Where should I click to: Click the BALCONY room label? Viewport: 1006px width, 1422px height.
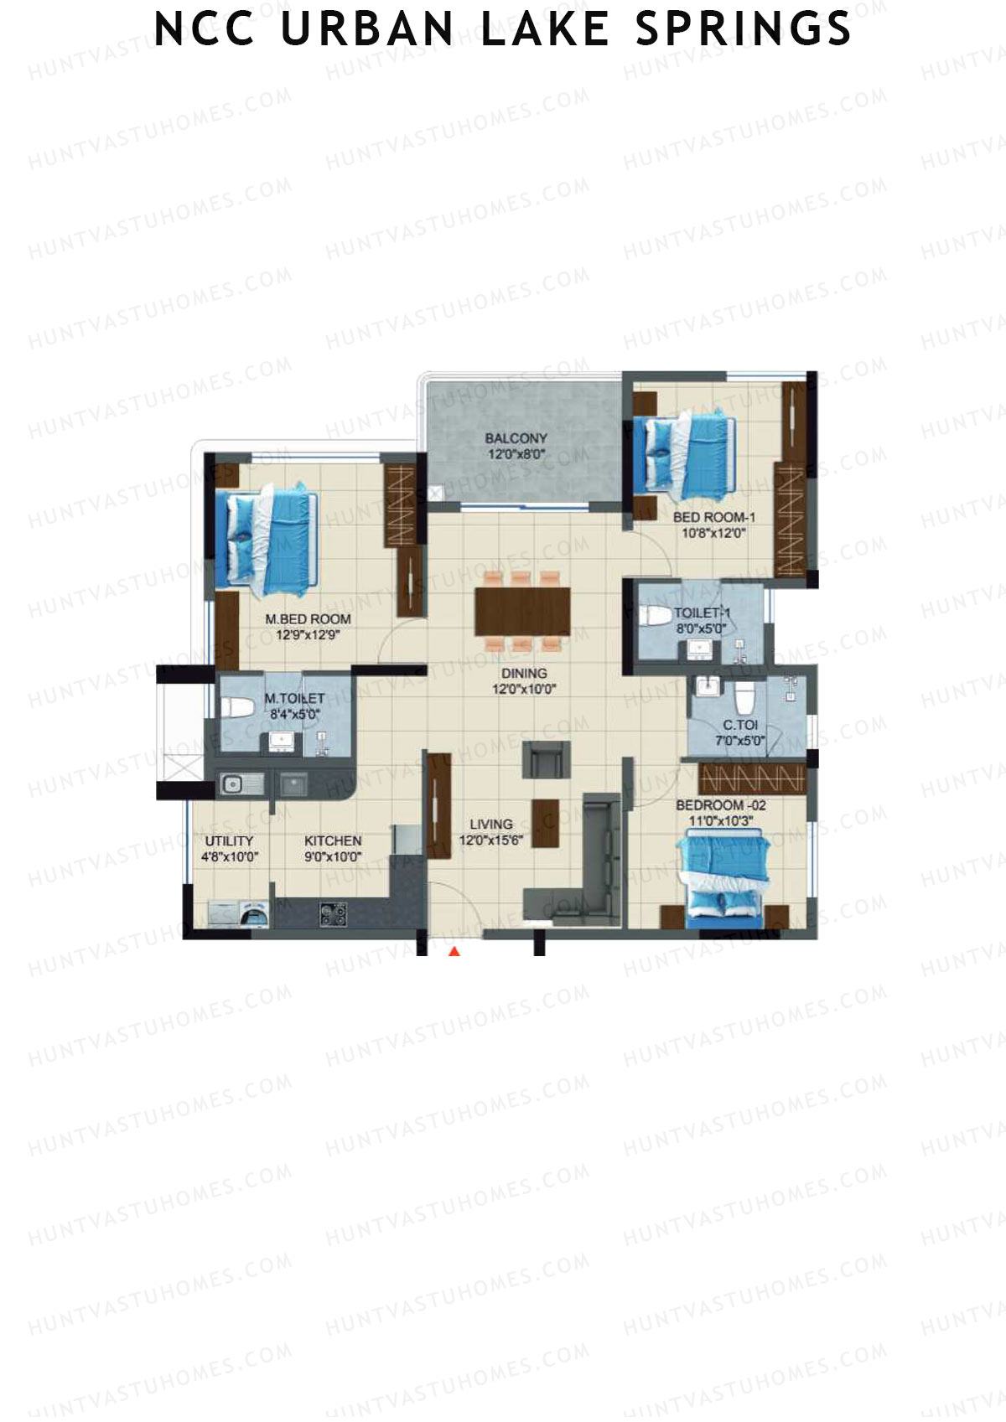[x=516, y=438]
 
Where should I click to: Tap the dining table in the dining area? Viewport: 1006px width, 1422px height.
[x=522, y=612]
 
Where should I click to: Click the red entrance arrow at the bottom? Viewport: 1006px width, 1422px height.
[x=454, y=951]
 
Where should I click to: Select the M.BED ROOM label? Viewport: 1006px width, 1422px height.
[x=308, y=619]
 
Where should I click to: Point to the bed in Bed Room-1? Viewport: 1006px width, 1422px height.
[x=684, y=456]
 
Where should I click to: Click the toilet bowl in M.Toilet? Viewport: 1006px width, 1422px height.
[x=237, y=706]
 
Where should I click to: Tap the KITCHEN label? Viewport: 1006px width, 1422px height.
[x=333, y=840]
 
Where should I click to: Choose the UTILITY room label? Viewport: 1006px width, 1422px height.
[x=229, y=840]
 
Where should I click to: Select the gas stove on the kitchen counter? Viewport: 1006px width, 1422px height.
[x=333, y=913]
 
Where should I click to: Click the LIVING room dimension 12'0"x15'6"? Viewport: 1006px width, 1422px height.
[x=491, y=840]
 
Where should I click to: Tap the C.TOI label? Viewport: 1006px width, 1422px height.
[x=740, y=725]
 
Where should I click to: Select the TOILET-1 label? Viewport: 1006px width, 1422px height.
[x=702, y=613]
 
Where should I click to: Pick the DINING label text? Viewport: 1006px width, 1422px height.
[x=524, y=673]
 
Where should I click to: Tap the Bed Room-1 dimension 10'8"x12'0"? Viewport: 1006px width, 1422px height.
[x=713, y=533]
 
